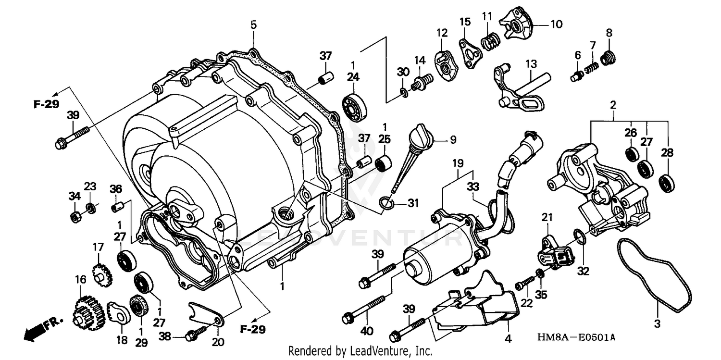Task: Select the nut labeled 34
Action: (75, 217)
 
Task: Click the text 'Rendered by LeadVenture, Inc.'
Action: (360, 351)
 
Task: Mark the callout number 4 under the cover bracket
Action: (508, 338)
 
